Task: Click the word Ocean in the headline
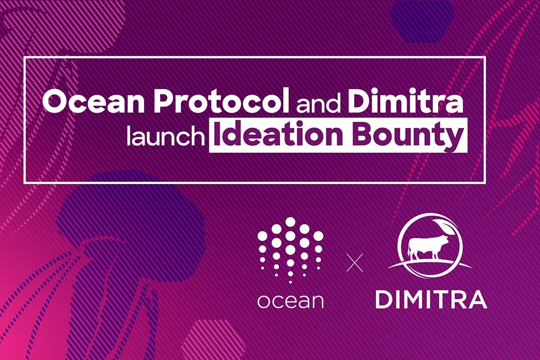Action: tap(88, 101)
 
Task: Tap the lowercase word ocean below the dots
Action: tap(290, 301)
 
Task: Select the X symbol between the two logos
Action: tap(355, 262)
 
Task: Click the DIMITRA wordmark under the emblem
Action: tap(430, 299)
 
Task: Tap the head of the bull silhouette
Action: tap(445, 240)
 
